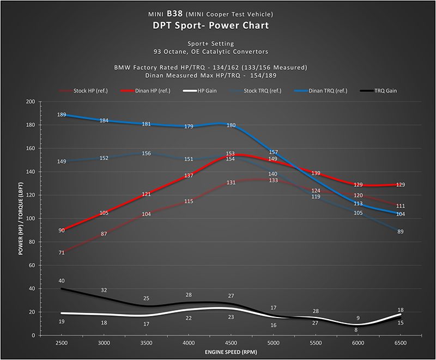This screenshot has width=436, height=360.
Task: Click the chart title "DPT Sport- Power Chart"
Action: pyautogui.click(x=211, y=26)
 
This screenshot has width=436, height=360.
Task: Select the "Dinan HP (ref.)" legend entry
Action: pyautogui.click(x=146, y=91)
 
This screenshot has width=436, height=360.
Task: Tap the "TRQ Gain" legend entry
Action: pyautogui.click(x=378, y=91)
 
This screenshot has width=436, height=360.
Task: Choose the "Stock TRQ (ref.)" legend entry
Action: pyautogui.click(x=255, y=91)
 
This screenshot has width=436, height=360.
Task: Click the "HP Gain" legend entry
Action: pyautogui.click(x=199, y=91)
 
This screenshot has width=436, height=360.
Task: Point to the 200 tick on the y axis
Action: pyautogui.click(x=31, y=102)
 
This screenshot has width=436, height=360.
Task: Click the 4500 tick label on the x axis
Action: pyautogui.click(x=231, y=343)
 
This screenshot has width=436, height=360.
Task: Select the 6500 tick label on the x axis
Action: pyautogui.click(x=401, y=343)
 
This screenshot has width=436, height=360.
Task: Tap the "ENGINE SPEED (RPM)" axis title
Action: pyautogui.click(x=231, y=352)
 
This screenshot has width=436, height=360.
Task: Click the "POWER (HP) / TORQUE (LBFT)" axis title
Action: pyautogui.click(x=21, y=218)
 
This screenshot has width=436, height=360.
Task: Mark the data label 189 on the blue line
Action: pyautogui.click(x=62, y=115)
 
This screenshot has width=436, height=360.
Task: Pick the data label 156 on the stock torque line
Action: pyautogui.click(x=146, y=154)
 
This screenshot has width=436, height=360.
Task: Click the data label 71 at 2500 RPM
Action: pyautogui.click(x=62, y=253)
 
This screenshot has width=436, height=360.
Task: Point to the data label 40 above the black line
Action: pyautogui.click(x=62, y=280)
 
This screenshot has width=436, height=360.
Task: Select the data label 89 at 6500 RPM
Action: pyautogui.click(x=401, y=231)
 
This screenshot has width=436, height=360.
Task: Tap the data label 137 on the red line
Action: pyautogui.click(x=189, y=175)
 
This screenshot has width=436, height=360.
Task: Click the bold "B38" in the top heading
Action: pyautogui.click(x=174, y=14)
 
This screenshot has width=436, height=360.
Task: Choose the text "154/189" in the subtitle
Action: pyautogui.click(x=263, y=76)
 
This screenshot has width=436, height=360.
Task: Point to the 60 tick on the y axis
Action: pyautogui.click(x=32, y=265)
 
